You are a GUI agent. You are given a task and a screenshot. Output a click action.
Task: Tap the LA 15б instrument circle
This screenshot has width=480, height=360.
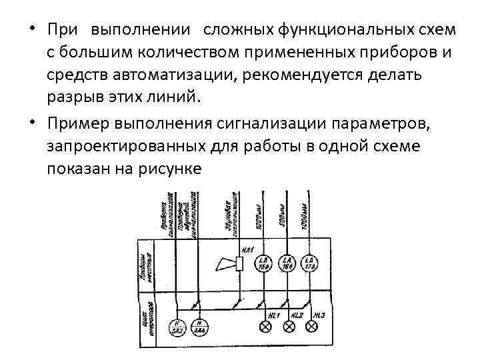click(x=265, y=263)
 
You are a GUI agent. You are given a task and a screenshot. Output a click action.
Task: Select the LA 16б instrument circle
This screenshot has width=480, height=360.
click(x=288, y=263)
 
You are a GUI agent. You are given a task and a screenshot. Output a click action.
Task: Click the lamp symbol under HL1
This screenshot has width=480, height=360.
click(x=265, y=327)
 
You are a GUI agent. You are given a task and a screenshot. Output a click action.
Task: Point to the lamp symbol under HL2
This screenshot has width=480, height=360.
click(x=289, y=327)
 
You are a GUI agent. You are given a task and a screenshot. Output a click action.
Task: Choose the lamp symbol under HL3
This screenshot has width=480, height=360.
click(x=312, y=327)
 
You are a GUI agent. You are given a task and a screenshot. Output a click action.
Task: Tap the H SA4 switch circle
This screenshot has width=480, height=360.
click(x=198, y=327)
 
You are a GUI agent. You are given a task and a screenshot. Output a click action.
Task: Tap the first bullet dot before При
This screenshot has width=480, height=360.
click(x=31, y=31)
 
